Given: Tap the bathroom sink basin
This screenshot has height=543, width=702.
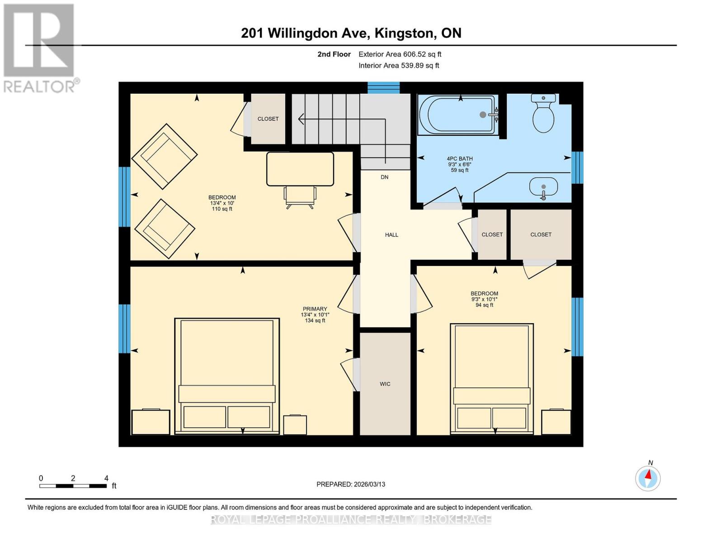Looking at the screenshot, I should click(x=543, y=187).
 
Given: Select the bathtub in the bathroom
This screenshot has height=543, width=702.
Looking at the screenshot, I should click(x=457, y=115).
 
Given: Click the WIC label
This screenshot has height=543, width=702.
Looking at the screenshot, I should click(x=385, y=384).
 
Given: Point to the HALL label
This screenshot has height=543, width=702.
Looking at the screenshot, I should click(x=391, y=235).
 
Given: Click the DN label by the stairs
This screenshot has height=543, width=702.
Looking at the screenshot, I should click(x=384, y=177).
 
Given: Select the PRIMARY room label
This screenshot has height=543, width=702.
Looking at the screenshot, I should click(x=315, y=309).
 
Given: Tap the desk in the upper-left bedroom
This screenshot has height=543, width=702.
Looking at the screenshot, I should click(x=300, y=169).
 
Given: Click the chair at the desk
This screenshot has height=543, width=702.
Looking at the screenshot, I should click(x=300, y=196).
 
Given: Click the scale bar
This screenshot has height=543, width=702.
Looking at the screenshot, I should click(x=73, y=486).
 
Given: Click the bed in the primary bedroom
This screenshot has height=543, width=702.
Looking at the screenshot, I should click(x=227, y=376).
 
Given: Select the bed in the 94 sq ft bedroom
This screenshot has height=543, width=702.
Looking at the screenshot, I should click(x=492, y=378).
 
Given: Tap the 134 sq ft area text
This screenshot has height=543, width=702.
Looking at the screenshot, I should click(x=315, y=321).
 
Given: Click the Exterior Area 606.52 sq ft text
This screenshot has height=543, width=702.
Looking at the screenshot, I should click(x=400, y=54).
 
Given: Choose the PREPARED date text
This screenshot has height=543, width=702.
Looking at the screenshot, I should click(x=351, y=484).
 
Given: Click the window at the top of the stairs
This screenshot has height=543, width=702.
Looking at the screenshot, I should click(x=383, y=87).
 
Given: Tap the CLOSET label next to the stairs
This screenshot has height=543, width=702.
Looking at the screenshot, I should click(x=268, y=119).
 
